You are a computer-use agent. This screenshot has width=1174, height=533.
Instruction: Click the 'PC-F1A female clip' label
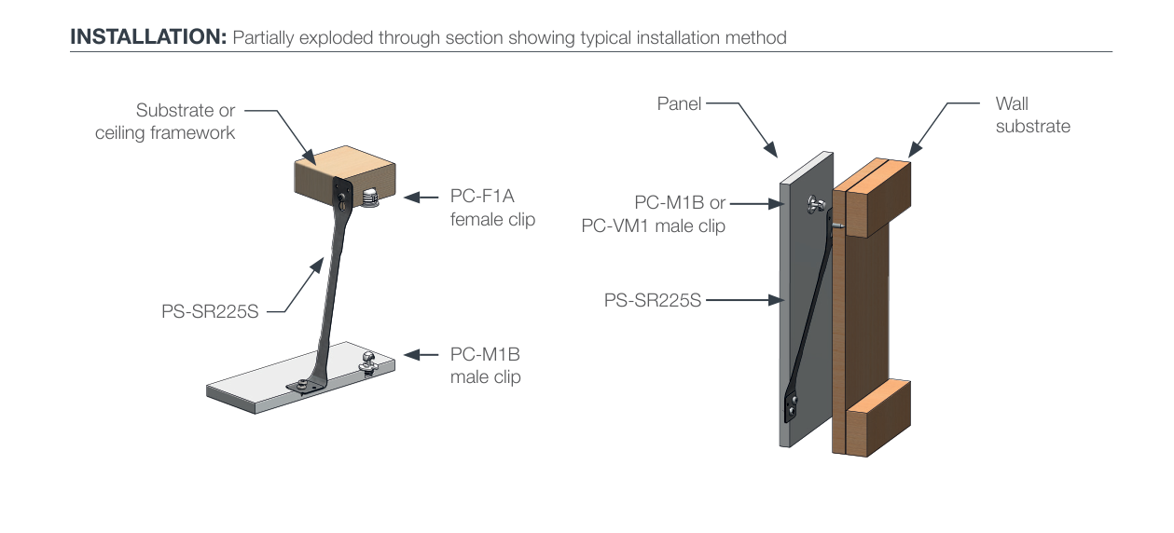pos(492,209)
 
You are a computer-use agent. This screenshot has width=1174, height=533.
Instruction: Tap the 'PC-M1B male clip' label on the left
pos(486,366)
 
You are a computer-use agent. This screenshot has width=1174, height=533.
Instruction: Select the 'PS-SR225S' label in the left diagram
pos(210,312)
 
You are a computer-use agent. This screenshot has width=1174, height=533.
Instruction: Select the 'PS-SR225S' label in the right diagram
pos(652,300)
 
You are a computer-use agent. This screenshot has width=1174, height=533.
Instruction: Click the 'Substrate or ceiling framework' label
pos(166,122)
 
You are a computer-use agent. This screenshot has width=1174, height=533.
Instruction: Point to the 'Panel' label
pos(679,103)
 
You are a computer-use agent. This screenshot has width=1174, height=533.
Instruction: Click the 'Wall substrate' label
pos(1032,115)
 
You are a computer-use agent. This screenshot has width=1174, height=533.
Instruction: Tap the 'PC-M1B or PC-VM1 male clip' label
pos(654,214)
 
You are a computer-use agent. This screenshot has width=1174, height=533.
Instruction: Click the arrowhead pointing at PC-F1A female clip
pos(412,198)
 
